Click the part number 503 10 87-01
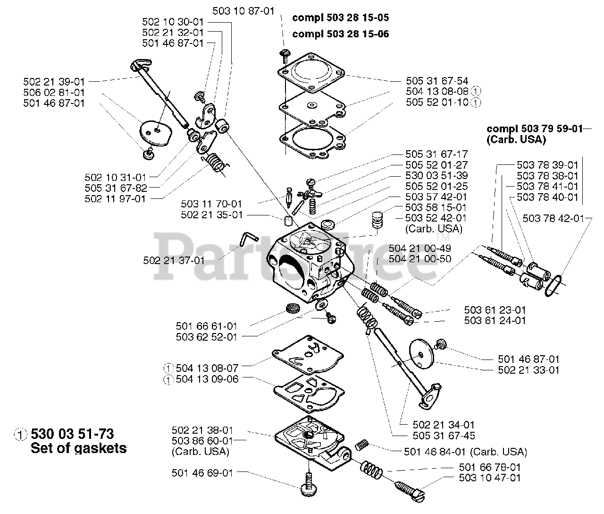click(243, 11)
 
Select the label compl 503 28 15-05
click(341, 18)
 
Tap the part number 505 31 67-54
click(437, 81)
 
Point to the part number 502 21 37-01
click(173, 260)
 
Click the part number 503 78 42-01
click(553, 218)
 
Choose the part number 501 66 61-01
click(207, 326)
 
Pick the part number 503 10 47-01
click(490, 478)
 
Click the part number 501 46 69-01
click(202, 472)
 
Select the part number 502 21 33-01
click(528, 370)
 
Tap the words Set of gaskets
click(78, 448)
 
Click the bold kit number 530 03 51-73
click(72, 434)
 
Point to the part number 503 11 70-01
click(211, 204)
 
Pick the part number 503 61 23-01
click(495, 310)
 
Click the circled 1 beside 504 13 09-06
click(168, 379)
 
